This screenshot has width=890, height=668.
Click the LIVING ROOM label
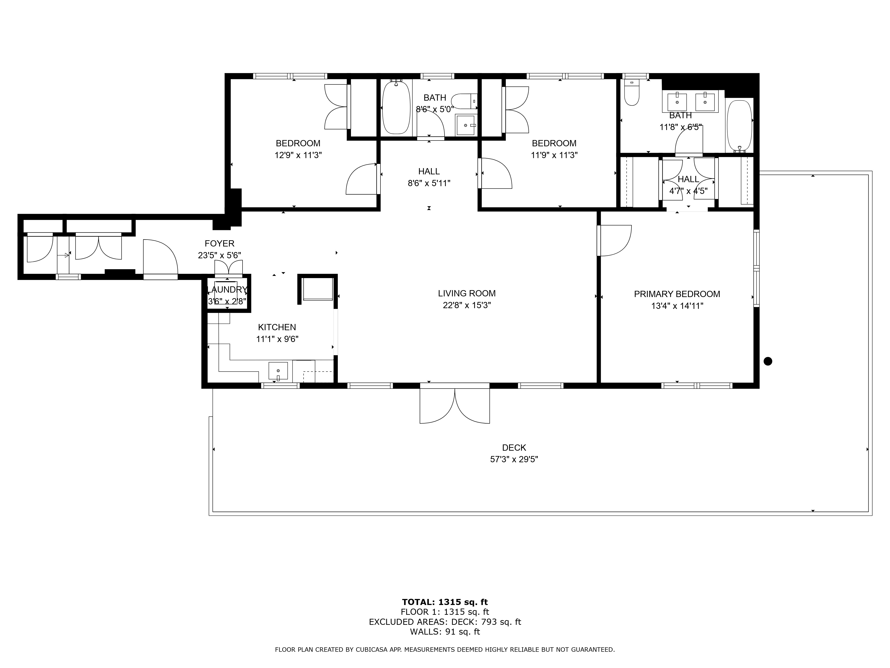[x=467, y=293]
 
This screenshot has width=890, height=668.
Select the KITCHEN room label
[x=277, y=327]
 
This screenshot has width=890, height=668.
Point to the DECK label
[x=514, y=448]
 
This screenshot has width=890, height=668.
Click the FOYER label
[x=219, y=244]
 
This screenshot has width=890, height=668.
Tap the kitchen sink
[x=278, y=371]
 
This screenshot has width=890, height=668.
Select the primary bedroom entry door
[x=614, y=241]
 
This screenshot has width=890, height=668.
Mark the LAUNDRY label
[x=227, y=290]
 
